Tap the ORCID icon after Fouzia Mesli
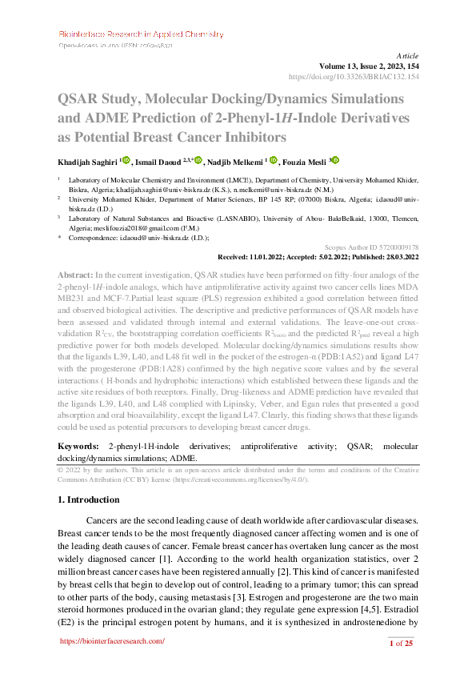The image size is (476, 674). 335,160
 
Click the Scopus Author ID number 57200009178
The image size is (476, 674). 398,248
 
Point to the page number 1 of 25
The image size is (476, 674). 400,643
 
